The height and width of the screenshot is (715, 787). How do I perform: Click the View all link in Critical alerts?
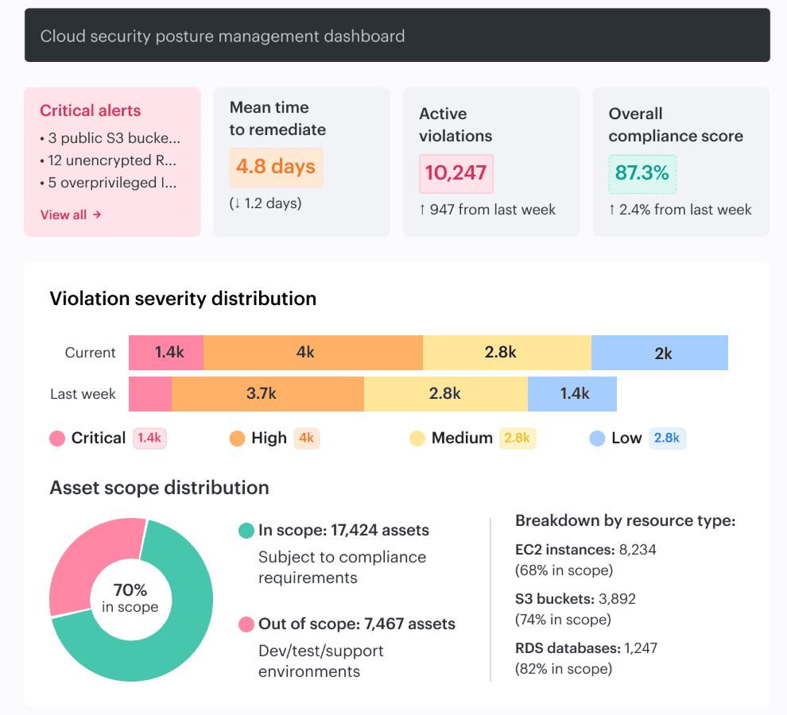71,214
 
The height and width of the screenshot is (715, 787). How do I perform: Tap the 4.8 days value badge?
276,167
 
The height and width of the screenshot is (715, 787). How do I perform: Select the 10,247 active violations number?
456,173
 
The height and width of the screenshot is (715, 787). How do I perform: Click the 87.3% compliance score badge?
642,173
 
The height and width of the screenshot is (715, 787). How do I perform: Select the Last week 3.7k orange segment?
267,393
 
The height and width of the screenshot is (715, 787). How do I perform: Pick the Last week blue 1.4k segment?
572,393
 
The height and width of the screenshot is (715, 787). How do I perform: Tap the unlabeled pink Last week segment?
149,393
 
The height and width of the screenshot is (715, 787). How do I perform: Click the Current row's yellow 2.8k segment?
506,353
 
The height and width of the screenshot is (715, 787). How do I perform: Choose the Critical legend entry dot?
57,439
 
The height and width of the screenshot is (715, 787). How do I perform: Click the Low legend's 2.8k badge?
668,439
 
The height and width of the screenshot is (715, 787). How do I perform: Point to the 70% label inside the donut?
130,590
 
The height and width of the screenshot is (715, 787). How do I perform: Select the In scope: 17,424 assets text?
343,530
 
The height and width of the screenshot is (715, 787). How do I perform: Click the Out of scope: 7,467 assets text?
356,624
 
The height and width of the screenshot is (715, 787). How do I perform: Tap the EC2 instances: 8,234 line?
586,549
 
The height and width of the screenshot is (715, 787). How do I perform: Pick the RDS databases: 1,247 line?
586,647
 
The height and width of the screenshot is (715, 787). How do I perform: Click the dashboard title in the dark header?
223,36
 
